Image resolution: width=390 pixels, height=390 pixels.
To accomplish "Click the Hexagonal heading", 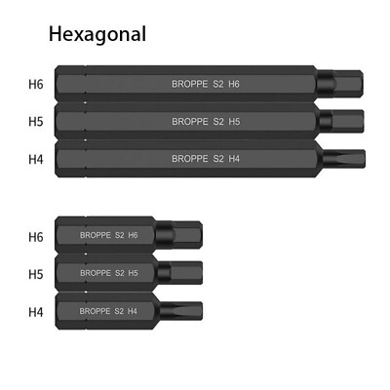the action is pos(97,34).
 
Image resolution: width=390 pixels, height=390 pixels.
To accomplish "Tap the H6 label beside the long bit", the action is pos(36,84).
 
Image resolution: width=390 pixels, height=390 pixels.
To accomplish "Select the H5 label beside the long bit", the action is pos(36,122).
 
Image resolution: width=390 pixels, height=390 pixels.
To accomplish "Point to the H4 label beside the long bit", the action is pos(36,159).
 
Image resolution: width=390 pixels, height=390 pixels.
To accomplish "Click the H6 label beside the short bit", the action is pos(36,237).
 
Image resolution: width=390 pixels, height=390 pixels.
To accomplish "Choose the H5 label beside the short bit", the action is pos(36,274).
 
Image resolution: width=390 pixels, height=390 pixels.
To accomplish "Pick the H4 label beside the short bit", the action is pos(36,312).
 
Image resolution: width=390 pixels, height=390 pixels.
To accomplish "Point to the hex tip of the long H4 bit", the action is pos(344,159).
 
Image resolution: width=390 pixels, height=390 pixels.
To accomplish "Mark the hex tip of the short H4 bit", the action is pos(181,311).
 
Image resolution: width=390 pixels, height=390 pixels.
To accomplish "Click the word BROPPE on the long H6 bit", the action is pos(190,84).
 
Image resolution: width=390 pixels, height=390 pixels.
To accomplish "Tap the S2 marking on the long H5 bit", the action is pos(218,122).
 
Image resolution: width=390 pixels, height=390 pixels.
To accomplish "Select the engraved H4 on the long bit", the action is pos(234,159).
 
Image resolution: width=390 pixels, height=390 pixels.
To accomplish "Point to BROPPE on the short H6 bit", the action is pos(96,235).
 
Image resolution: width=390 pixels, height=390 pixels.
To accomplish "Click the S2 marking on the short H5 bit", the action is pos(120,273).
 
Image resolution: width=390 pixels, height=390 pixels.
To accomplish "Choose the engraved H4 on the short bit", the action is pos(132,311).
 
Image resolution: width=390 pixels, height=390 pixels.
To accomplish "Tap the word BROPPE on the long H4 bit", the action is pos(190,159).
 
